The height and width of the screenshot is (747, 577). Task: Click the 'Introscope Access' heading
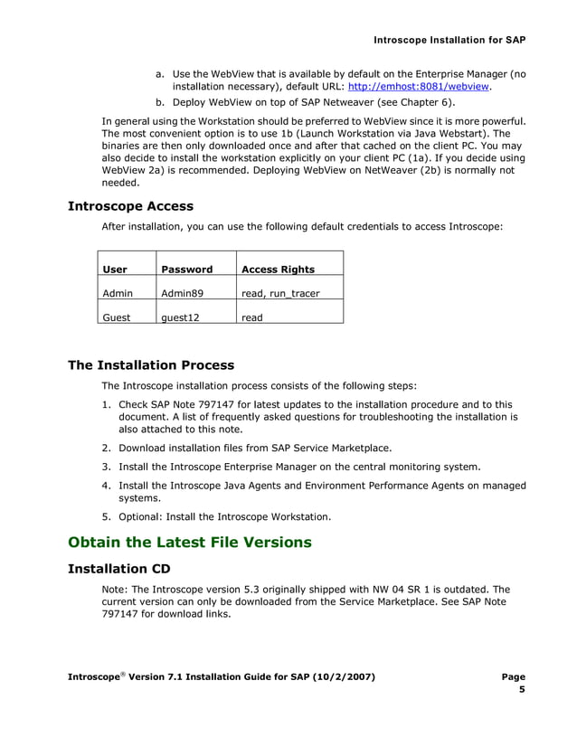pyautogui.click(x=130, y=206)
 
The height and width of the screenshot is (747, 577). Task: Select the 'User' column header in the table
pyautogui.click(x=115, y=269)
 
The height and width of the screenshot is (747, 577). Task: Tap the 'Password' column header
pyautogui.click(x=186, y=269)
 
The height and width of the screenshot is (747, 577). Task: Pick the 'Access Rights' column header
pyautogui.click(x=278, y=269)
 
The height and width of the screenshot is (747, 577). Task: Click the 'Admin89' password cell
pyautogui.click(x=182, y=293)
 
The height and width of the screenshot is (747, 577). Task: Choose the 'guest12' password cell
pyautogui.click(x=180, y=317)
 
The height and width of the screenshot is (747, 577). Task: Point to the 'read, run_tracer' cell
pyautogui.click(x=279, y=293)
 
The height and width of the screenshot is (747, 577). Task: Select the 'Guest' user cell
pyautogui.click(x=117, y=317)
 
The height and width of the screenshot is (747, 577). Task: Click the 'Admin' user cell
pyautogui.click(x=118, y=293)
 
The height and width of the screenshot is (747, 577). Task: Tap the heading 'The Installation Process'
pyautogui.click(x=151, y=365)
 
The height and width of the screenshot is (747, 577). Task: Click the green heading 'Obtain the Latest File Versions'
pyautogui.click(x=190, y=543)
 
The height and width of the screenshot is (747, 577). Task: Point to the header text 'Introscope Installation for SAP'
pyautogui.click(x=449, y=41)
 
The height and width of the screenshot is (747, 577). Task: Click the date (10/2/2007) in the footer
pyautogui.click(x=339, y=676)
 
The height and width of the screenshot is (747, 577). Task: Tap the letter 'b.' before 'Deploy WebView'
pyautogui.click(x=161, y=103)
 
